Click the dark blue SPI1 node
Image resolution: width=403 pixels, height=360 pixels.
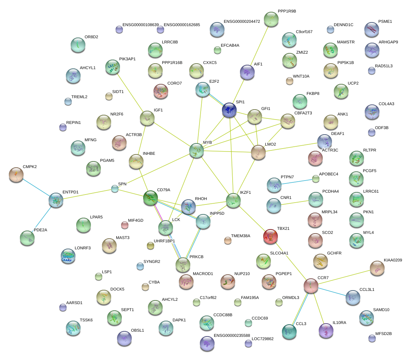[229, 110]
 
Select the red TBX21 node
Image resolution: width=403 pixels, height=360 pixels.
[271, 237]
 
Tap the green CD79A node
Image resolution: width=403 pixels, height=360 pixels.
[150, 198]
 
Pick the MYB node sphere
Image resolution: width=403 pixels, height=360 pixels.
[197, 150]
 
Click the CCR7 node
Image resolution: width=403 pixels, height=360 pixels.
[311, 286]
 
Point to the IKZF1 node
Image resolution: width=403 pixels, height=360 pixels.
[233, 200]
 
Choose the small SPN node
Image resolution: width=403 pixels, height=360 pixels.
[115, 189]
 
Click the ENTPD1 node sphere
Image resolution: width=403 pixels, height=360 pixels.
[56, 200]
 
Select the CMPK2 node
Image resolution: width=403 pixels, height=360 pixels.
[16, 175]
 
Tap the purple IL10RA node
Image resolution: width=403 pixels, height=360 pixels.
[326, 331]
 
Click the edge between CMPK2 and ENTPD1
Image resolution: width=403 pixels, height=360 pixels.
[36, 188]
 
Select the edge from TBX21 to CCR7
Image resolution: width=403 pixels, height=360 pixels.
[291, 261]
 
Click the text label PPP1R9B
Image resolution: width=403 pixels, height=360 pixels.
[287, 11]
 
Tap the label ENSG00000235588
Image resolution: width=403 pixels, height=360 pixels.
[232, 335]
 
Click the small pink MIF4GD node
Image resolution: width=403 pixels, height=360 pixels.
[125, 225]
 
